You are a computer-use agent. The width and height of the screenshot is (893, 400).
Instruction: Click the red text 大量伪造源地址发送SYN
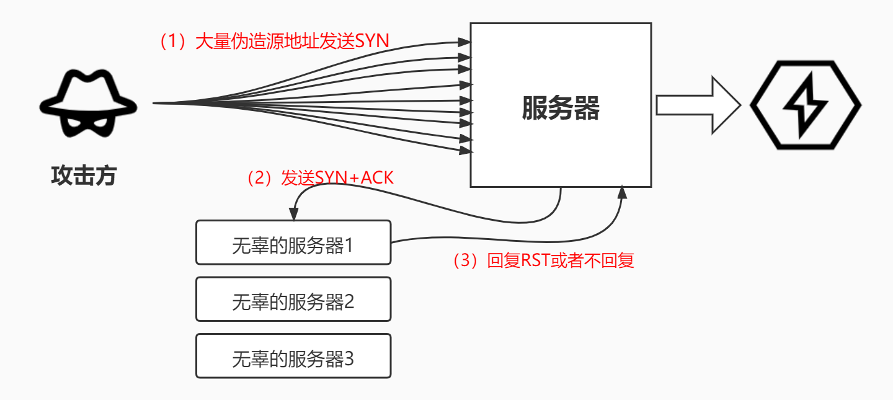291,42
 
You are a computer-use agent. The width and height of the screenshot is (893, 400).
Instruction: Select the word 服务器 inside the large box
560,109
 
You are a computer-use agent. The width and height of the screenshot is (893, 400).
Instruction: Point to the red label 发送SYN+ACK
337,178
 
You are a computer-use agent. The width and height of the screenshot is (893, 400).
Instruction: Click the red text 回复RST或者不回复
561,260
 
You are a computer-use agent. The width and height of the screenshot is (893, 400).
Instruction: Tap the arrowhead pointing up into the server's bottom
622,193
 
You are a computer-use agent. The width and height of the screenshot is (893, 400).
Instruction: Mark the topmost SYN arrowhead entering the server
464,42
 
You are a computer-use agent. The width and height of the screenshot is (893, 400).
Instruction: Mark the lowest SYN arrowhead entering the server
464,151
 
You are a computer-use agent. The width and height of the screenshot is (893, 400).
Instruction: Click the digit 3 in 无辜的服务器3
349,358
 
